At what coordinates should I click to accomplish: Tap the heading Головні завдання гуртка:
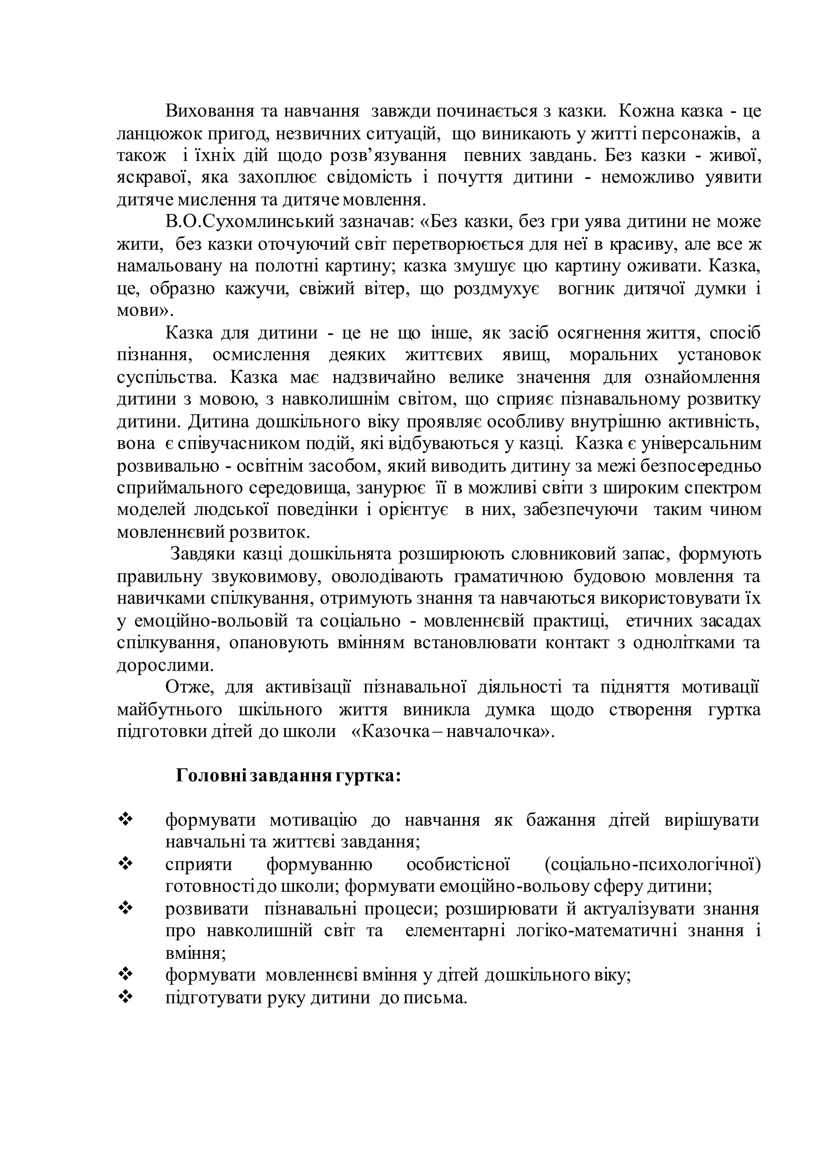coord(288,776)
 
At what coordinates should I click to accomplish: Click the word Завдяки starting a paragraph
coord(201,554)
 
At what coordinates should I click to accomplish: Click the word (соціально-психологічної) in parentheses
coord(653,865)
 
